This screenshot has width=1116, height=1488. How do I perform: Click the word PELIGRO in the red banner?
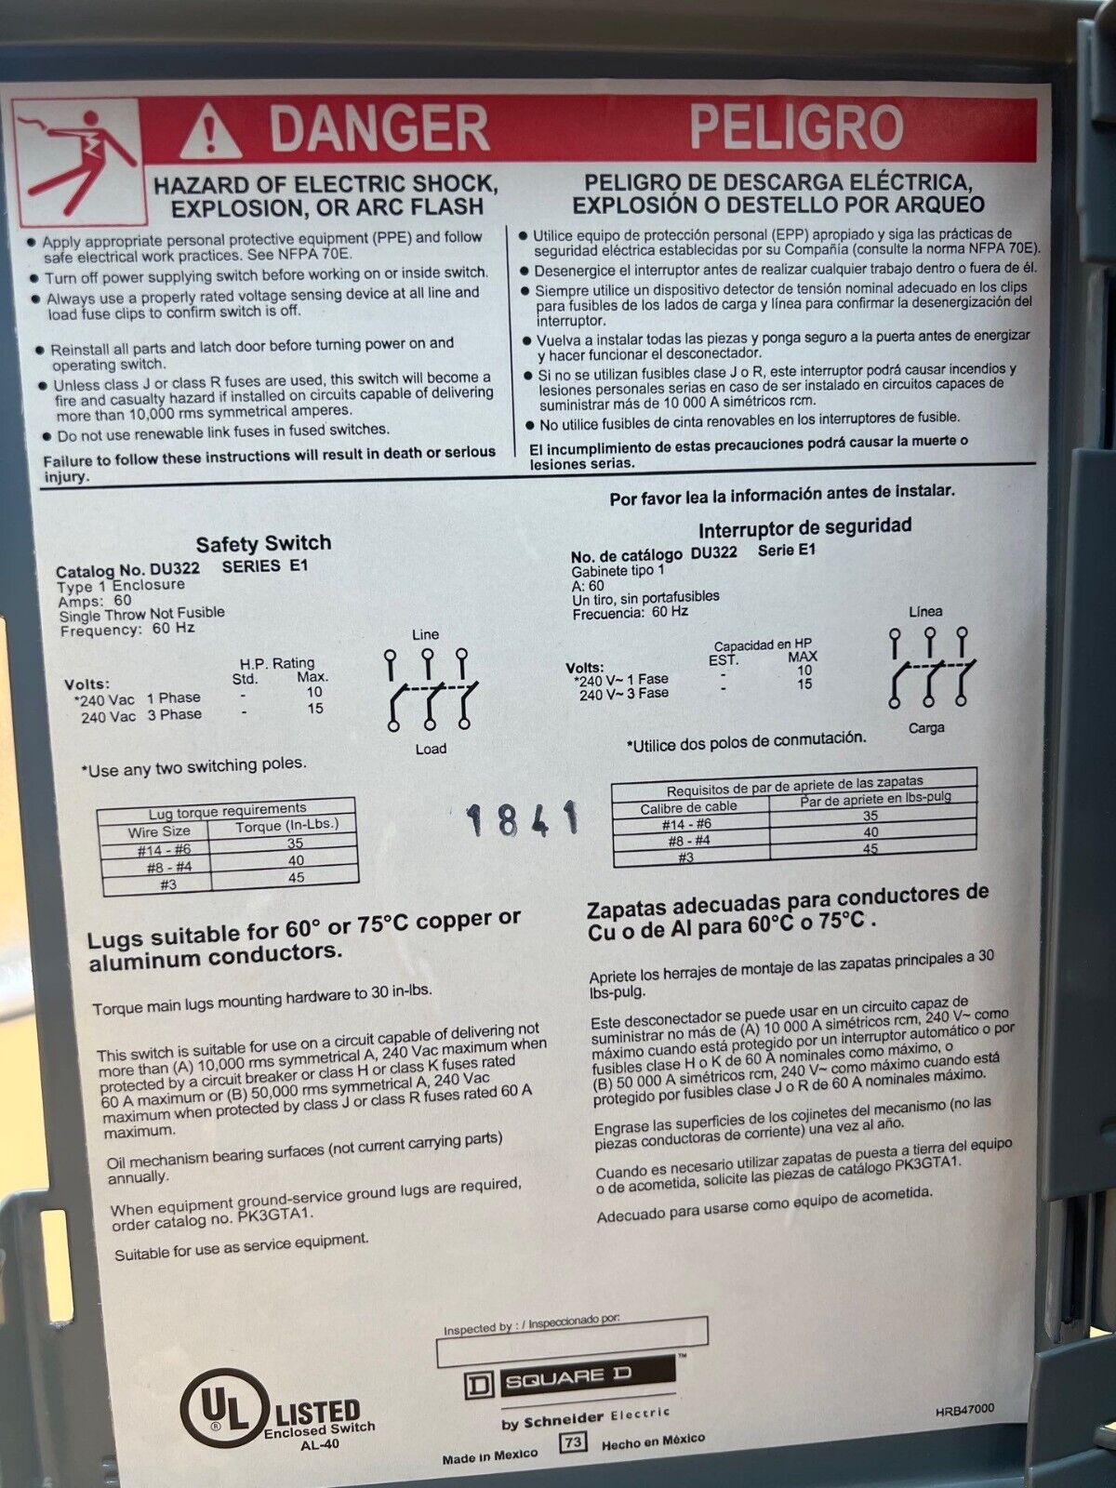click(x=797, y=126)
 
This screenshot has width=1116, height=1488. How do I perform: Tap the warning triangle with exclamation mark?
click(x=211, y=131)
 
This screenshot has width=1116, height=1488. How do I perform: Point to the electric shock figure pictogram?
click(x=78, y=163)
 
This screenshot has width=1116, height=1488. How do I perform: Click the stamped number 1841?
click(x=522, y=818)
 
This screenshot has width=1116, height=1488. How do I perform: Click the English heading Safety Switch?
click(x=263, y=544)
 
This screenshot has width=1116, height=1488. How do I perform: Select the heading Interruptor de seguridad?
click(x=805, y=527)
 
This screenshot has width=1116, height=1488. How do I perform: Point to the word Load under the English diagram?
click(x=431, y=749)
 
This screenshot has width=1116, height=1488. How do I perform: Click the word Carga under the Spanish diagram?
click(x=926, y=728)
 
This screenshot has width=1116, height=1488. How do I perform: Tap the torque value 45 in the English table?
click(x=296, y=877)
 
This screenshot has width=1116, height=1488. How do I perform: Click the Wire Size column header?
click(x=158, y=831)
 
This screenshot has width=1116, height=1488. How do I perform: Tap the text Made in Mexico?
click(x=490, y=1455)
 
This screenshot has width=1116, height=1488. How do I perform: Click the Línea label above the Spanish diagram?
click(x=925, y=611)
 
